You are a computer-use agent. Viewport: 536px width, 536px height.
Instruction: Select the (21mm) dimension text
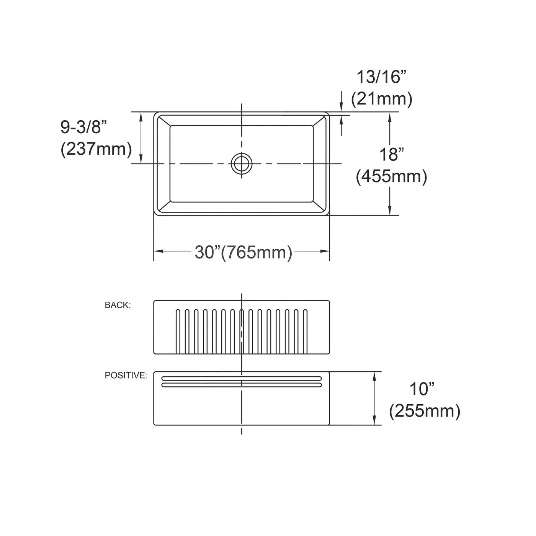pos(382,99)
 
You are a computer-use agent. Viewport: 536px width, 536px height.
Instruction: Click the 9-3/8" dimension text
pos(84,127)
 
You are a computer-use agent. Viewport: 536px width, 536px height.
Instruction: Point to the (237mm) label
pos(96,149)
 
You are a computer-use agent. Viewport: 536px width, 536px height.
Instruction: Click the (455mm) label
pos(391,176)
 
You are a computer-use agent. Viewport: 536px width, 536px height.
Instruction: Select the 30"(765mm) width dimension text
pos(243,252)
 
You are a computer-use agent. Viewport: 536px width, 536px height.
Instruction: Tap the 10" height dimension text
pos(422,389)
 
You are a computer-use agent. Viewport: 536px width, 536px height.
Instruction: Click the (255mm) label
pos(425,410)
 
